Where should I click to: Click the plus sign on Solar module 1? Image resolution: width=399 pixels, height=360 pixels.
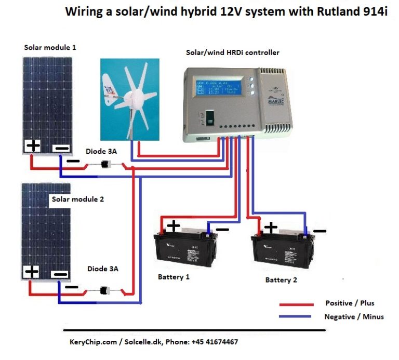pyautogui.click(x=33, y=145)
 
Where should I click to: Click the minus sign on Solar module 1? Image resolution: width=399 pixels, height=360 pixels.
pyautogui.click(x=61, y=148)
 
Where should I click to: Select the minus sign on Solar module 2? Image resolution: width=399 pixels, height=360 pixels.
pyautogui.click(x=61, y=274)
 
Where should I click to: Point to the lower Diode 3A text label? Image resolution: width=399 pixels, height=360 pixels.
pyautogui.click(x=102, y=269)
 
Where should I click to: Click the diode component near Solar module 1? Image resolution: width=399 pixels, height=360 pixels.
pyautogui.click(x=106, y=165)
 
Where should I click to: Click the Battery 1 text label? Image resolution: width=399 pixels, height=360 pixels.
pyautogui.click(x=174, y=277)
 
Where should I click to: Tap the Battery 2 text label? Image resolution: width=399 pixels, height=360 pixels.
pyautogui.click(x=281, y=280)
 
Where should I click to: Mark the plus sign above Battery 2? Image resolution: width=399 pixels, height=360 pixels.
pyautogui.click(x=270, y=227)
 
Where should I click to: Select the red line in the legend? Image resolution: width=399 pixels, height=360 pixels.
pyautogui.click(x=296, y=304)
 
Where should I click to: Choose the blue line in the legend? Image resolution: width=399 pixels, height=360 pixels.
pyautogui.click(x=296, y=316)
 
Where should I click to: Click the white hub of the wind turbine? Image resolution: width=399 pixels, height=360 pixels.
pyautogui.click(x=140, y=97)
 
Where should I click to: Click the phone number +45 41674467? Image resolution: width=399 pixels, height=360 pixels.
pyautogui.click(x=210, y=342)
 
